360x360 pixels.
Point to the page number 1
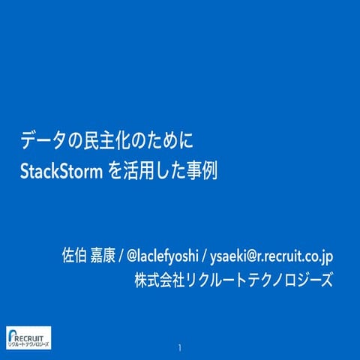180,349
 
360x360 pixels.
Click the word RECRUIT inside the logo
34,335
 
